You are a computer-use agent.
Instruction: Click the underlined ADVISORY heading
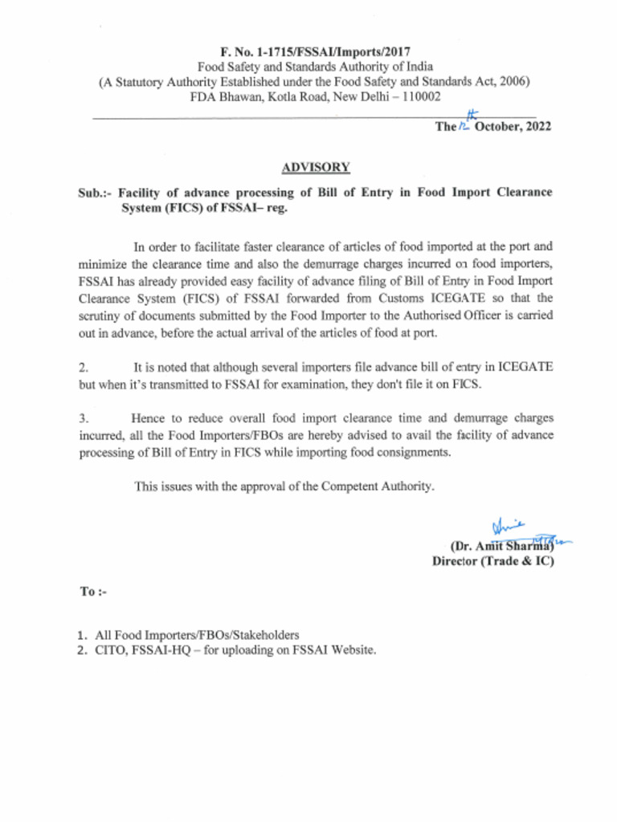point(315,168)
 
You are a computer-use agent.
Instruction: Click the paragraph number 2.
point(83,368)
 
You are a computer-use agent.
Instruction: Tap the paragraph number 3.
point(83,418)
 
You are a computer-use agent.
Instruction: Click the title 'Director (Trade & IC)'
point(492,562)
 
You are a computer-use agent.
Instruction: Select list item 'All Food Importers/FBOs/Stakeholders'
point(197,634)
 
